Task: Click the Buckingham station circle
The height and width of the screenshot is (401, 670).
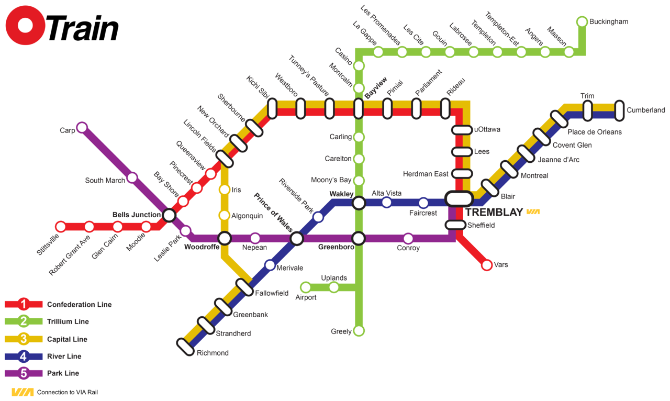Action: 582,21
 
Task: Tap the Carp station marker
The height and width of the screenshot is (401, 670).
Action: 82,127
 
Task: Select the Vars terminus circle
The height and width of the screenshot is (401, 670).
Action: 487,265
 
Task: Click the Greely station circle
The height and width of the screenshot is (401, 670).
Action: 359,331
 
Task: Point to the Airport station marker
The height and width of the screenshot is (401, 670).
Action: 306,287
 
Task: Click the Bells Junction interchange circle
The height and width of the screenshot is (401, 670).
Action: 169,215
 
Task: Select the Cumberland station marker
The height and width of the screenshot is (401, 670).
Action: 619,110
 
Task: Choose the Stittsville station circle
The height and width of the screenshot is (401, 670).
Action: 61,227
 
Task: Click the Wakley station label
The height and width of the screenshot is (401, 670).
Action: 341,194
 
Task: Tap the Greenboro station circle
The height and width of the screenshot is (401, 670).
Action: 358,239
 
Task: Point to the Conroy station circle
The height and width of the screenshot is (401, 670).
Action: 408,239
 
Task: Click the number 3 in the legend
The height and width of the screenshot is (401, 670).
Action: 23,339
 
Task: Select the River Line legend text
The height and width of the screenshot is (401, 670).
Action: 64,357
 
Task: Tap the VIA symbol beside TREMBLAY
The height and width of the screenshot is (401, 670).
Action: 532,212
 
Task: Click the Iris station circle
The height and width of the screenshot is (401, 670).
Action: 224,190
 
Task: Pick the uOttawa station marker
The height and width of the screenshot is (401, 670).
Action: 462,130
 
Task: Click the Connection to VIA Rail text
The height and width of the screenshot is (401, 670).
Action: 67,392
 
